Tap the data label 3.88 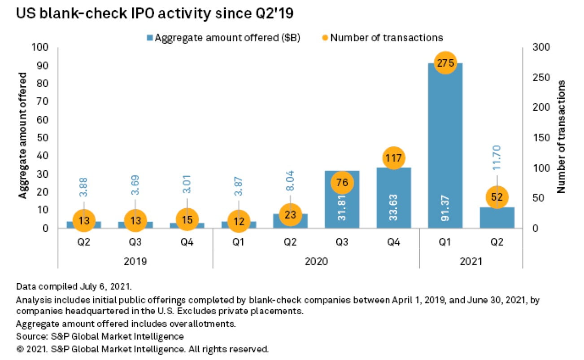pyautogui.click(x=84, y=184)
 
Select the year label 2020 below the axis pyautogui.click(x=316, y=261)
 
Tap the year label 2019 pyautogui.click(x=135, y=261)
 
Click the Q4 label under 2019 pyautogui.click(x=187, y=242)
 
